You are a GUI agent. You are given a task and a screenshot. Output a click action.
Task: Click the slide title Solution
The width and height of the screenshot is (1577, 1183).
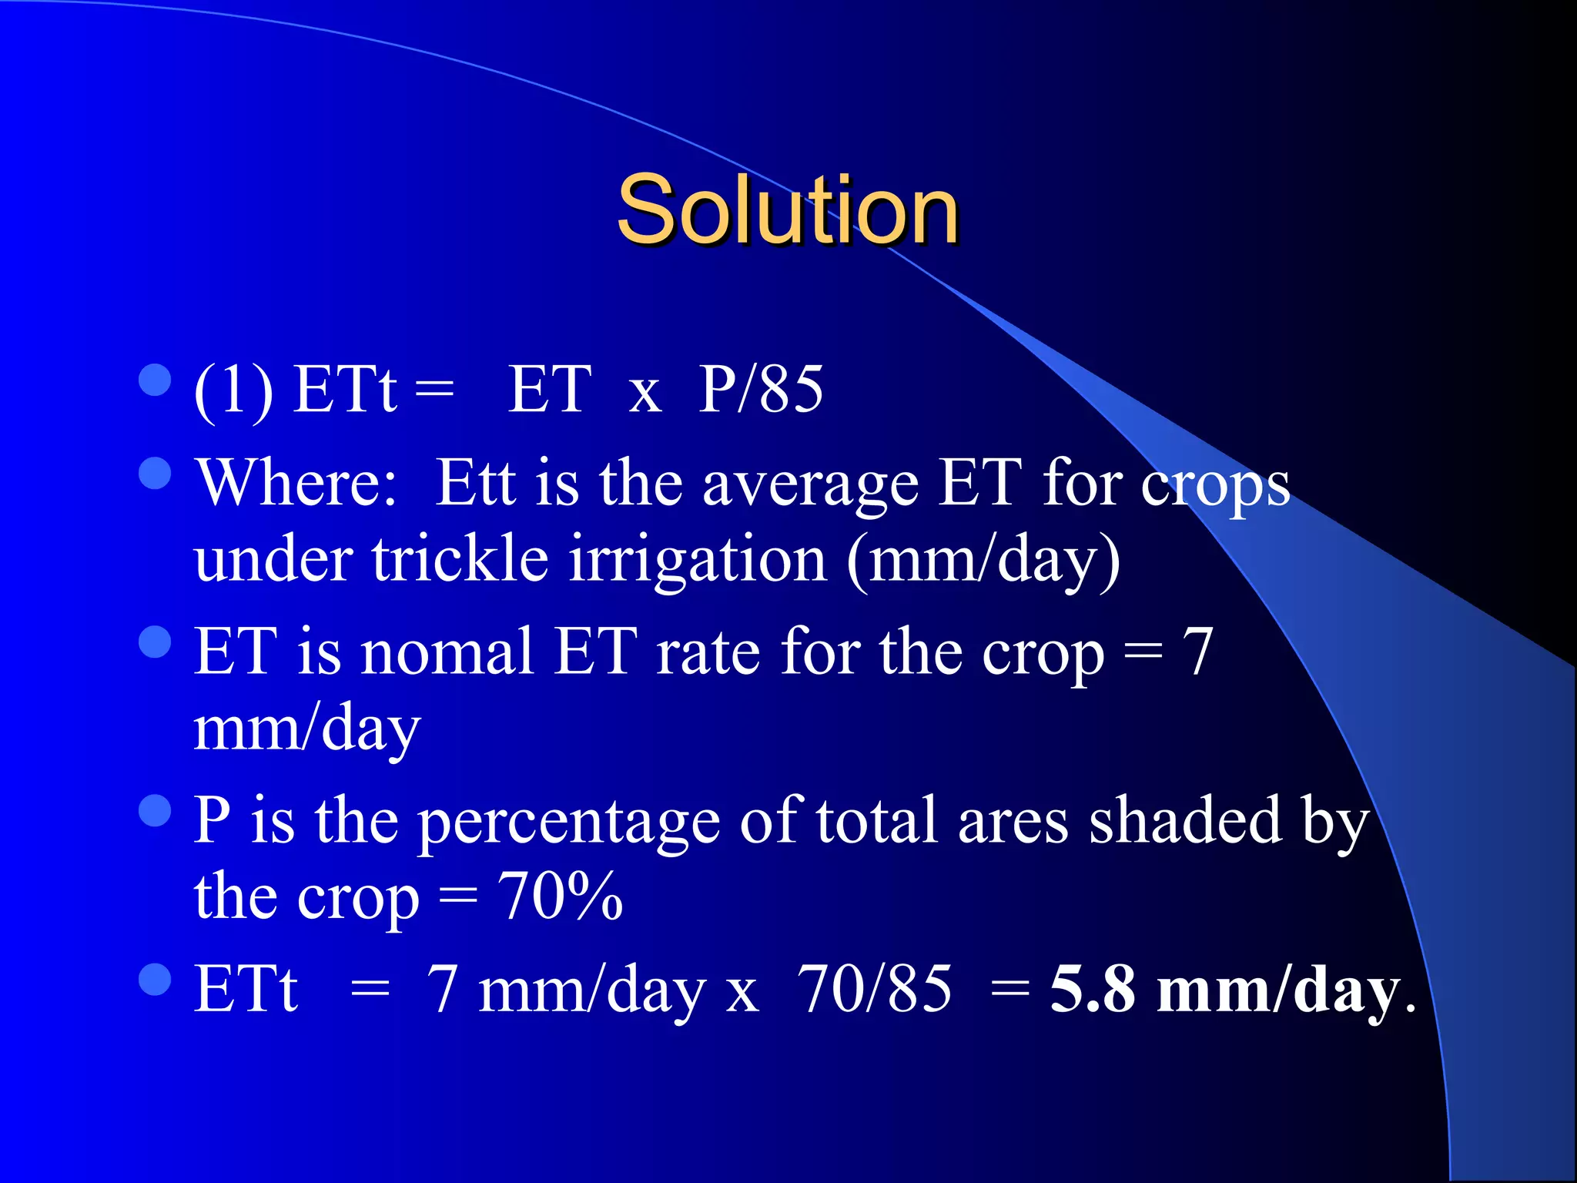point(787,209)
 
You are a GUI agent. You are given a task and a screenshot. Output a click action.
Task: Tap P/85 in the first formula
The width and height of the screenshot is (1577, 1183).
point(760,390)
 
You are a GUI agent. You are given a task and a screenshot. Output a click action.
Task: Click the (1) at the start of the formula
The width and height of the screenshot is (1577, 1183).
point(233,391)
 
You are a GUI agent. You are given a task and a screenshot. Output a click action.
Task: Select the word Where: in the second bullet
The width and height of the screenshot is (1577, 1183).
point(297,484)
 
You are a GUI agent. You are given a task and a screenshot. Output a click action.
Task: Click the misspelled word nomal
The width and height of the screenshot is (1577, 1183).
point(447,652)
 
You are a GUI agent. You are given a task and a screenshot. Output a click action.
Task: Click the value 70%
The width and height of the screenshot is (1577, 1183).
point(560,896)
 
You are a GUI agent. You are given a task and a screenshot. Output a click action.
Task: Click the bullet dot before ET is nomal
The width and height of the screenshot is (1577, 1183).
point(155,642)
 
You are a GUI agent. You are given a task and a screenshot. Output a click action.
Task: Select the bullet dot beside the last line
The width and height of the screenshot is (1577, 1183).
point(155,979)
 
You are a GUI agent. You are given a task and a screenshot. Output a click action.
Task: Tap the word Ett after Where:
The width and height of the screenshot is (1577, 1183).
point(475,484)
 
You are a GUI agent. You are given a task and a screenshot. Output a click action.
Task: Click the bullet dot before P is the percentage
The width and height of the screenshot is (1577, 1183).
point(155,810)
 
